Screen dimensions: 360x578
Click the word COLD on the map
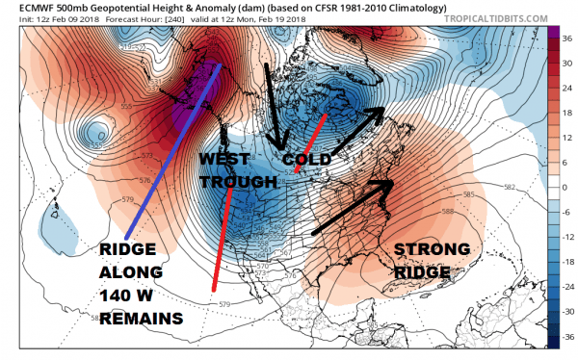click(307, 158)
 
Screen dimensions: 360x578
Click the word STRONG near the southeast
click(433, 249)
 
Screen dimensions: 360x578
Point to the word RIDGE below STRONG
click(422, 272)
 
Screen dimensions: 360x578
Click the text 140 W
click(133, 296)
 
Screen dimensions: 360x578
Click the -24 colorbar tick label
click(565, 287)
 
